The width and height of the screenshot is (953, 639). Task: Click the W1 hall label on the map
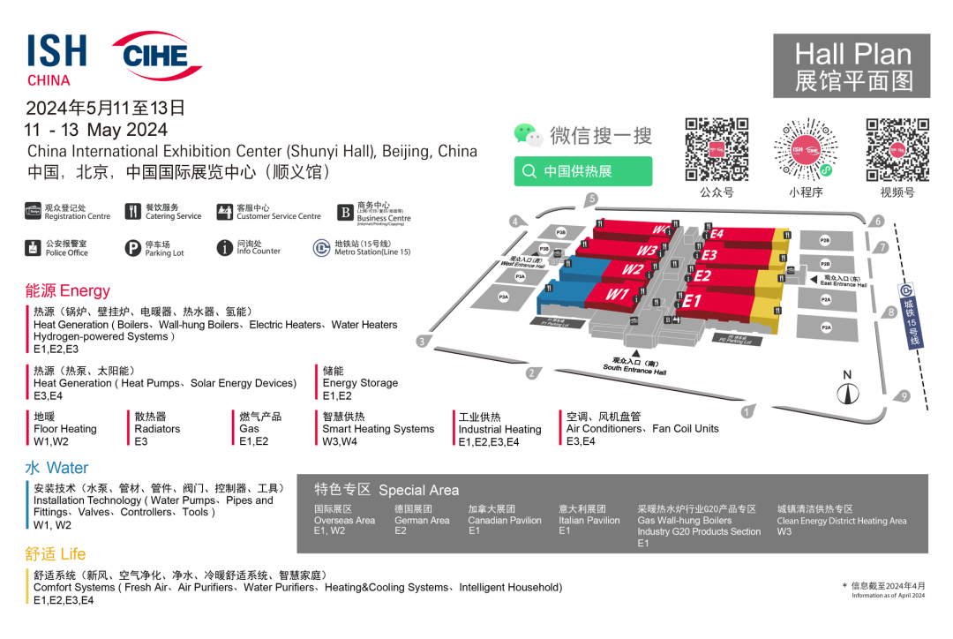point(617,294)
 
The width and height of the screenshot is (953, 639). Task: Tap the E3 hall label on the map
point(709,255)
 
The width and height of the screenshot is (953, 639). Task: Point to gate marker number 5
point(592,199)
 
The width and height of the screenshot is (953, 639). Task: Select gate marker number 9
point(904,396)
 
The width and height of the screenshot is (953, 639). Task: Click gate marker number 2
point(532,373)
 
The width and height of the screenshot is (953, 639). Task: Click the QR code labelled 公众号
point(717,149)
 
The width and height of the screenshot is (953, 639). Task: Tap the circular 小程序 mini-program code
point(805,149)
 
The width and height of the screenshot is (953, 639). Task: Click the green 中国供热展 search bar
point(583,171)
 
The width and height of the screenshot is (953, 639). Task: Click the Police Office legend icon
point(34,248)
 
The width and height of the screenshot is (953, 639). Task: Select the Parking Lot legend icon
point(132,248)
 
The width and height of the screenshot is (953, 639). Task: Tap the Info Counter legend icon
point(225,248)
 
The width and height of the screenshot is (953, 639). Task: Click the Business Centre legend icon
point(345,213)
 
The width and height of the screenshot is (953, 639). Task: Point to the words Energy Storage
point(360,383)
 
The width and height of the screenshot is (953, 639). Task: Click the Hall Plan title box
point(852,66)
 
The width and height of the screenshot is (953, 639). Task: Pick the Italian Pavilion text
point(589,521)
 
